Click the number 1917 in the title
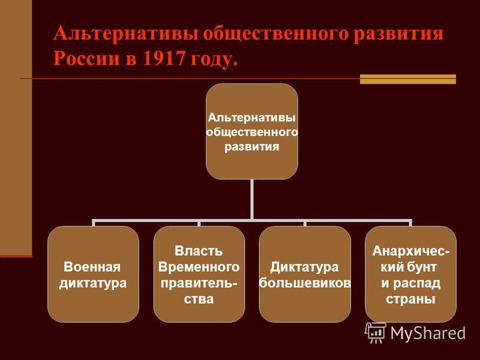(163, 58)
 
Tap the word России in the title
(86, 58)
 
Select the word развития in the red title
(398, 34)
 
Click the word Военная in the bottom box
(92, 267)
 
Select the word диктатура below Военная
(93, 283)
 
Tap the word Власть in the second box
(199, 251)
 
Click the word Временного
(199, 267)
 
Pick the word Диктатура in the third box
(304, 267)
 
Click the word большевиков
(305, 283)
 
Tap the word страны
(410, 299)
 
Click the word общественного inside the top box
(252, 132)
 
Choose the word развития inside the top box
(252, 146)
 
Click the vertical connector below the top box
(251, 199)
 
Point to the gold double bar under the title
(408, 79)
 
